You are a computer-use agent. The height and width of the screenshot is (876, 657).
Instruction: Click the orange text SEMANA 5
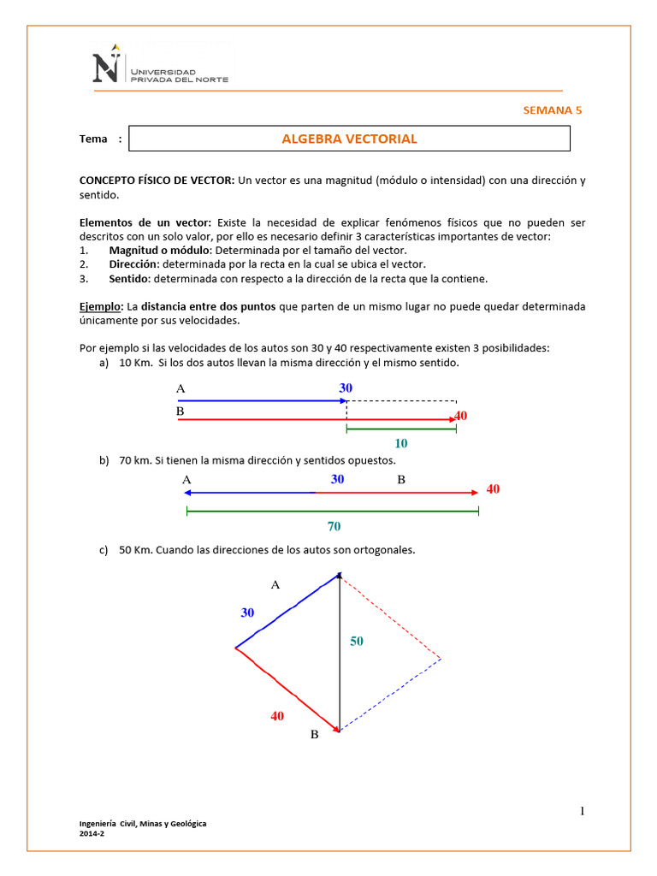click(552, 109)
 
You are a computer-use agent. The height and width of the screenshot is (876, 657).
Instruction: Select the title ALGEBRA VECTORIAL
click(349, 139)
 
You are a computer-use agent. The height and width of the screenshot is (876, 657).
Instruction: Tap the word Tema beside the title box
click(93, 139)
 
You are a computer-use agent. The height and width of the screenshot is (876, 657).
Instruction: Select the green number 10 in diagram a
click(400, 443)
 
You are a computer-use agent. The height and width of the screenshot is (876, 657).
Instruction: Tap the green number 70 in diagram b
click(334, 526)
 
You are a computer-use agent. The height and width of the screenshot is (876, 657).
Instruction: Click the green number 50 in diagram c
click(357, 641)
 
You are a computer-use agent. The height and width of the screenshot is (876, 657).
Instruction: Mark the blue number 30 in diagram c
click(247, 613)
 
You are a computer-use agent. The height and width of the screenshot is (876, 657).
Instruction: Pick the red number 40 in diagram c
click(277, 716)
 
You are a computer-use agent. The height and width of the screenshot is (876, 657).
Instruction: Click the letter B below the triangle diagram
click(314, 734)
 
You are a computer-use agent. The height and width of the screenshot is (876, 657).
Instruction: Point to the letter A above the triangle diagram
click(275, 584)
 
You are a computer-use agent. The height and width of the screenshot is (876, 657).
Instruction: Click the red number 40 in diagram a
click(461, 416)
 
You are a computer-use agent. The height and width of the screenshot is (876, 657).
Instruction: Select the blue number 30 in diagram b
click(337, 479)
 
